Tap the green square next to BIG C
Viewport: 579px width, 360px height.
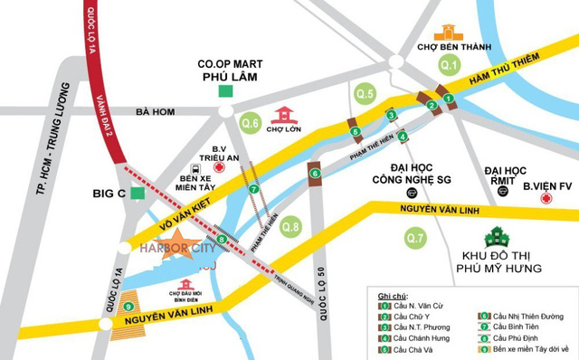click(x=137, y=193)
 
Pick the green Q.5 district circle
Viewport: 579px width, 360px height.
click(x=365, y=93)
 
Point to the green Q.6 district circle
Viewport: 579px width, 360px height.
click(x=251, y=122)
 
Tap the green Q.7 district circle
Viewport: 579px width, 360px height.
click(x=415, y=239)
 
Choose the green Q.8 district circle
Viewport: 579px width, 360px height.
click(x=290, y=225)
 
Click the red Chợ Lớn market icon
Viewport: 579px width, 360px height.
click(x=287, y=114)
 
